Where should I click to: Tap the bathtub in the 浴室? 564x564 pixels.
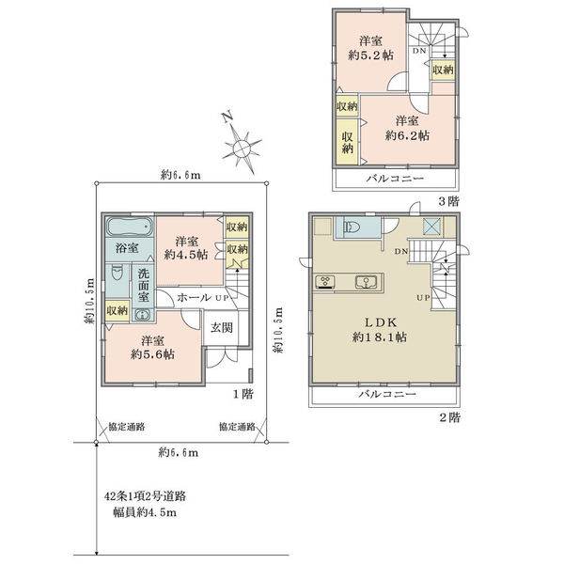pyautogui.click(x=130, y=227)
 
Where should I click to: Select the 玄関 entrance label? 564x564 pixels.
pyautogui.click(x=221, y=328)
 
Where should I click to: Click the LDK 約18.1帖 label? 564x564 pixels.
pyautogui.click(x=380, y=330)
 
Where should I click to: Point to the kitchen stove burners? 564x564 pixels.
pyautogui.click(x=325, y=282)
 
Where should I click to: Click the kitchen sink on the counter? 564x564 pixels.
pyautogui.click(x=367, y=282)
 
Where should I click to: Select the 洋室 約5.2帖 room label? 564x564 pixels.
pyautogui.click(x=370, y=48)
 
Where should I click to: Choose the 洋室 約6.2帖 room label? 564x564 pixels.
pyautogui.click(x=407, y=128)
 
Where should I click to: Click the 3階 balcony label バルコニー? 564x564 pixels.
pyautogui.click(x=395, y=178)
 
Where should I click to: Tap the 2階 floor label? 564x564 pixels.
pyautogui.click(x=449, y=417)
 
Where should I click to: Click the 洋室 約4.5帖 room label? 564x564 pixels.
pyautogui.click(x=186, y=247)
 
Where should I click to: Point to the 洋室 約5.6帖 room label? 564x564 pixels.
pyautogui.click(x=152, y=347)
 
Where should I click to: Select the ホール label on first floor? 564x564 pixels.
pyautogui.click(x=195, y=297)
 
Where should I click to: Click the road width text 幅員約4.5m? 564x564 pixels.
pyautogui.click(x=145, y=512)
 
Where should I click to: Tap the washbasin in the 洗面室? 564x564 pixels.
pyautogui.click(x=143, y=315)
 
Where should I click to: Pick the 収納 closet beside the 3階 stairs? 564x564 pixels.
pyautogui.click(x=443, y=70)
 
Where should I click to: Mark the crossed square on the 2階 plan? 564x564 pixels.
pyautogui.click(x=432, y=227)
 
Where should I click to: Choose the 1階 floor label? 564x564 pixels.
pyautogui.click(x=243, y=394)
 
